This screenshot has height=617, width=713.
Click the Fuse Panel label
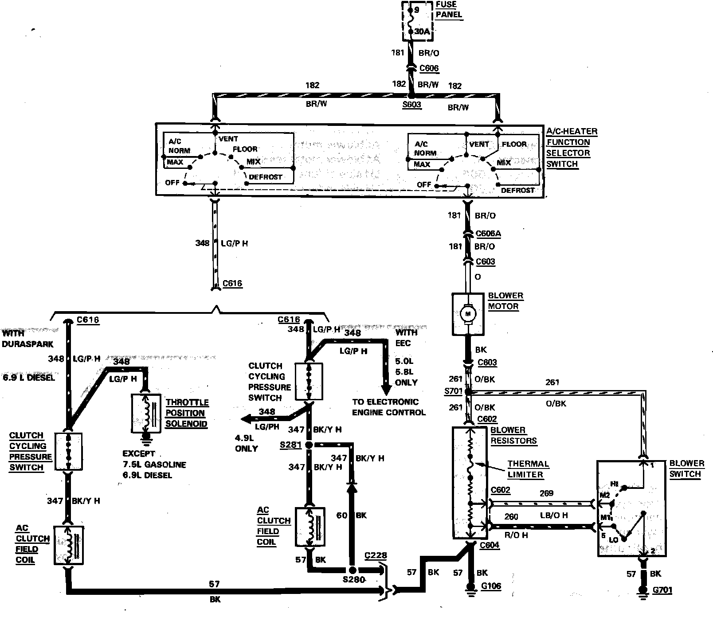click(448, 9)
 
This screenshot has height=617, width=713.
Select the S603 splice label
click(412, 105)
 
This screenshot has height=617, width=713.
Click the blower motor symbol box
click(467, 314)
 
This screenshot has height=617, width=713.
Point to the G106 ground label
click(491, 586)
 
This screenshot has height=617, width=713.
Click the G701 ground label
click(662, 590)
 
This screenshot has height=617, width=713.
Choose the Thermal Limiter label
click(528, 469)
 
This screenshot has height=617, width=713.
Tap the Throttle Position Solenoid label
click(187, 413)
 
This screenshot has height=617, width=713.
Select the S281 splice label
click(290, 445)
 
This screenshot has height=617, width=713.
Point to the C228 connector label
click(376, 555)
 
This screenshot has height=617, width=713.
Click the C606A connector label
click(488, 234)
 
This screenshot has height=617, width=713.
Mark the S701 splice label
click(453, 392)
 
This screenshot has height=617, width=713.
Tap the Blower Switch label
click(686, 469)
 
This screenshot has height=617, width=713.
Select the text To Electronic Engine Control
click(388, 407)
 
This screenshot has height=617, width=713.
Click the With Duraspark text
click(27, 338)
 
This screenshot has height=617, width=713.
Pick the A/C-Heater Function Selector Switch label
click(571, 148)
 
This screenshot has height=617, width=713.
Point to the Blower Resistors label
click(513, 435)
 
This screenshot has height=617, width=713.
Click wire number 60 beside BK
click(341, 515)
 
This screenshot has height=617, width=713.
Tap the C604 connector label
click(490, 545)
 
